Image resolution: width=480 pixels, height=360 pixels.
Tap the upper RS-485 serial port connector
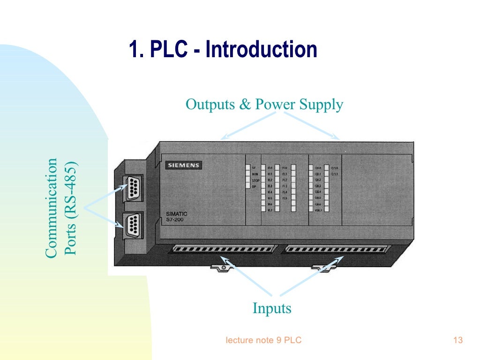(x=131, y=188)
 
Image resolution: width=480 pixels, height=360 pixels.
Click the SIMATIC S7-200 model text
(x=177, y=217)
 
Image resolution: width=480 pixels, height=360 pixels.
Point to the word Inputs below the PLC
(x=272, y=308)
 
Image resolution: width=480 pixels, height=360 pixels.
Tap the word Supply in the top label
(x=322, y=105)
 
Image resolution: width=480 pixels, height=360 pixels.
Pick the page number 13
(x=458, y=340)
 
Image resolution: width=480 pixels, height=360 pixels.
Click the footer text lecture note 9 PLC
(x=263, y=340)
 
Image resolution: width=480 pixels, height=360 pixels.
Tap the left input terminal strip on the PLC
(x=224, y=248)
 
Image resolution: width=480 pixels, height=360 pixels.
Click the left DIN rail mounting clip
(x=223, y=268)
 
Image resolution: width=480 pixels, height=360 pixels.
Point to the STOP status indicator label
(x=255, y=180)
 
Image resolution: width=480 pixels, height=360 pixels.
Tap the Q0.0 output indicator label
(x=318, y=168)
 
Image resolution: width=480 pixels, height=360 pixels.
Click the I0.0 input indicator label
(x=270, y=168)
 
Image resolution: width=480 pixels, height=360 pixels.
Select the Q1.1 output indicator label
(x=335, y=174)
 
